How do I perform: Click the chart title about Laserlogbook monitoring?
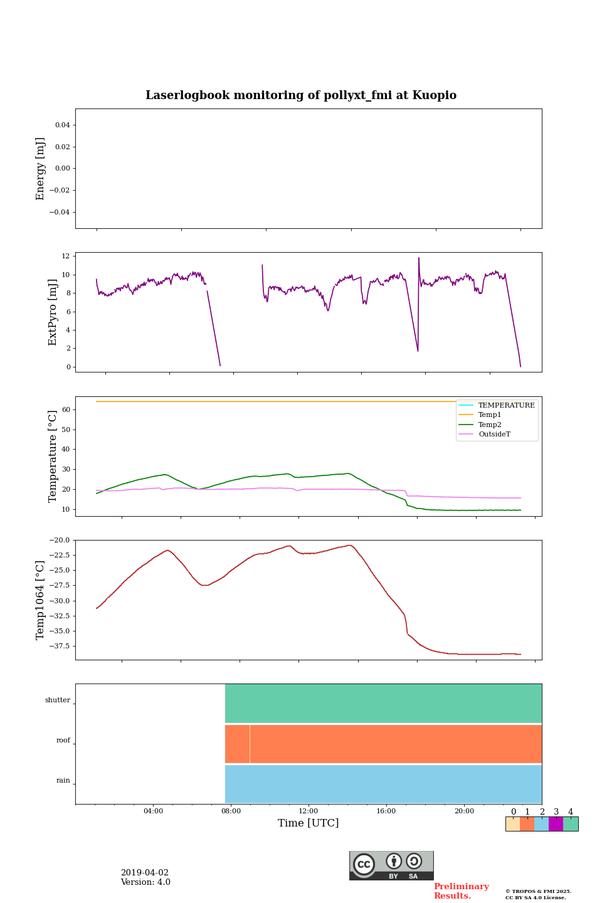pos(301,95)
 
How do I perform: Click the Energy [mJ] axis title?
pos(41,169)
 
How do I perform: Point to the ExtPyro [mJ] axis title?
pos(53,312)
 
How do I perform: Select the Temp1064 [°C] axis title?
pos(41,600)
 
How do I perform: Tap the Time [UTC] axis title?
pos(308,823)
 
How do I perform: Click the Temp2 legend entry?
pos(490,425)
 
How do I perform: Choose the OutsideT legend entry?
pos(494,434)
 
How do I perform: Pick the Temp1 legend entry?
pos(490,415)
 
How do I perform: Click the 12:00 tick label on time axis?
pos(309,811)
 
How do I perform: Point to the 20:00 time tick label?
pos(464,811)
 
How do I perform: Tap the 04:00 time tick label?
pos(153,811)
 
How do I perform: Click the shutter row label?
pos(58,700)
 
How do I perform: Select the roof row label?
pos(63,741)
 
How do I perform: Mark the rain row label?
pos(63,781)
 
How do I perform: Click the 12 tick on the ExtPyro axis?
pos(65,256)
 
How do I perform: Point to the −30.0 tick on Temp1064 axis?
pos(58,601)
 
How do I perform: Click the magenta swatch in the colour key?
pos(556,824)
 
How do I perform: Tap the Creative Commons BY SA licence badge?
pos(391,865)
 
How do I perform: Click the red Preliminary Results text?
pos(461,891)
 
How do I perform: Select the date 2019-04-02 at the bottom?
pos(145,873)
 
